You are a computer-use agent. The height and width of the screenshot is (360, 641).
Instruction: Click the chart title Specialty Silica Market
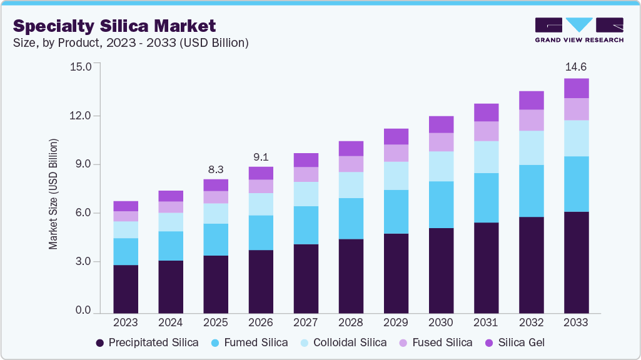click(x=114, y=26)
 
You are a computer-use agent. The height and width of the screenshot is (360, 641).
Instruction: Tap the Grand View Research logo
click(x=578, y=29)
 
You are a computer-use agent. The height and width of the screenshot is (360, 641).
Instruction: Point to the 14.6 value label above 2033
click(x=576, y=67)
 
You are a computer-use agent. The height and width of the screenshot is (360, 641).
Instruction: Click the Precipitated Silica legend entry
click(x=147, y=342)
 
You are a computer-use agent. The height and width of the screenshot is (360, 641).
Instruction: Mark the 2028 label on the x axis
click(x=351, y=322)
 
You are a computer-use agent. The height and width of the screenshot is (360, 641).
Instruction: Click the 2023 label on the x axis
click(x=126, y=322)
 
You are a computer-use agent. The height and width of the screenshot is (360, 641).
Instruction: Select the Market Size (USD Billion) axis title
click(x=53, y=194)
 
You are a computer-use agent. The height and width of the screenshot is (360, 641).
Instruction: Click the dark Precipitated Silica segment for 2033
click(x=576, y=262)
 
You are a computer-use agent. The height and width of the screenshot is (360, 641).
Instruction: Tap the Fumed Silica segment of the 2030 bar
click(x=441, y=204)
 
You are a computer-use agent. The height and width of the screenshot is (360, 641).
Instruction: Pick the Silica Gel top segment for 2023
click(x=126, y=206)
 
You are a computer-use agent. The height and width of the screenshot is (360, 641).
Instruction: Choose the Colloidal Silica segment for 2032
click(x=531, y=147)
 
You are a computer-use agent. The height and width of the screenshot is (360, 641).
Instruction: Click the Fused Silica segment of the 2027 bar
click(x=306, y=174)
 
